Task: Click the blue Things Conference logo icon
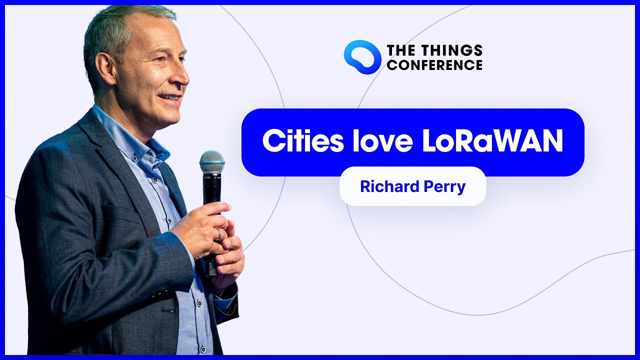pos(362,57)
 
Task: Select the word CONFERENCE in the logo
pos(435,64)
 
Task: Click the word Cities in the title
pos(303,140)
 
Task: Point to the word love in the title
pos(383,140)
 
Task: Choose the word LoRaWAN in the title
pos(492,140)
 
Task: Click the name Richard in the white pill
pos(389,186)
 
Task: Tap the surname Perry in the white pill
pos(444,187)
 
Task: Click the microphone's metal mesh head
pos(211,161)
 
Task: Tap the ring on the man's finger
pos(219,234)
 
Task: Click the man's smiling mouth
pos(170,97)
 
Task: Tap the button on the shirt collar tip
pos(134,156)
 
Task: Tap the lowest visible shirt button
pos(203,349)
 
